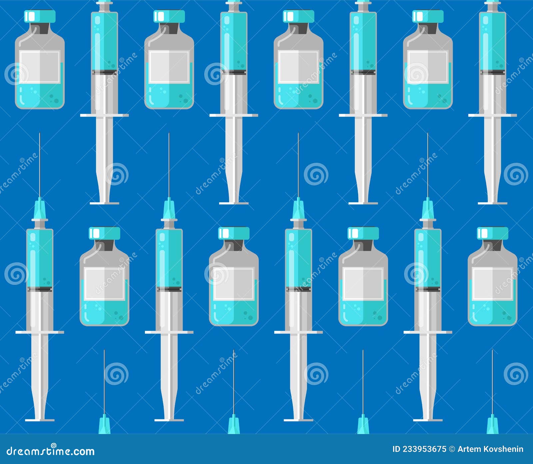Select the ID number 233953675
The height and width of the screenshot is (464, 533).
pos(424,449)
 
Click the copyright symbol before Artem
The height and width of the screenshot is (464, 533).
pos(452,449)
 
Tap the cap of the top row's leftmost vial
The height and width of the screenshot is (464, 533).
pos(40,16)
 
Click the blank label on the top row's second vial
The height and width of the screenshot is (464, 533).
pos(169,67)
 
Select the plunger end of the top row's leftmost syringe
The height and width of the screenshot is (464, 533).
pos(104,203)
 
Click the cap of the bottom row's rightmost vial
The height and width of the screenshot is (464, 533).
pos(492,233)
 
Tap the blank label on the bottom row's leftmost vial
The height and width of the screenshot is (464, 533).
pos(104,284)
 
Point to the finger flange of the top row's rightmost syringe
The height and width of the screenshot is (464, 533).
pos(492,115)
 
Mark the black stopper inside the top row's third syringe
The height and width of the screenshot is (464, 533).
pos(363,72)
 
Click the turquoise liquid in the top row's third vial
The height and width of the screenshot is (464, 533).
pos(298,97)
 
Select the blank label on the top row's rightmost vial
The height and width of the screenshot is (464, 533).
pos(428,67)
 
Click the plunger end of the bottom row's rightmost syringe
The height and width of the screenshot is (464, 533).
pos(428,420)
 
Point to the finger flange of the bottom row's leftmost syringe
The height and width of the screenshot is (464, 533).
pos(40,332)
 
